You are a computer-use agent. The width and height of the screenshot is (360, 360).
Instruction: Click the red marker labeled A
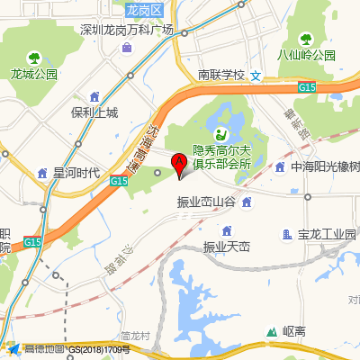click(x=178, y=164)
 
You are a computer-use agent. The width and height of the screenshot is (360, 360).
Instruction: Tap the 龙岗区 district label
click(x=143, y=10)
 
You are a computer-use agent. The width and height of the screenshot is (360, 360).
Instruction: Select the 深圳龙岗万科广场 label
click(x=126, y=31)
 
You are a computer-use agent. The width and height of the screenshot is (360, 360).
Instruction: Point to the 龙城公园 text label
click(x=34, y=74)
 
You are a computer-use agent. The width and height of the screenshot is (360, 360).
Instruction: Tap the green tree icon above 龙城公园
click(x=34, y=57)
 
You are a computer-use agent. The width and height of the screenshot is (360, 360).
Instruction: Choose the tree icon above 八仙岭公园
click(x=305, y=39)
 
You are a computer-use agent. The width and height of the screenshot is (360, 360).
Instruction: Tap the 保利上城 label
click(x=94, y=113)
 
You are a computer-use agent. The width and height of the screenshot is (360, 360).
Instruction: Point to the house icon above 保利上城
click(x=94, y=96)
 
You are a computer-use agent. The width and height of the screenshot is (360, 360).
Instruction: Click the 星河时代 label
click(x=76, y=173)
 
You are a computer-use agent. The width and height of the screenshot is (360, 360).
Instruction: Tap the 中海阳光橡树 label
click(x=325, y=167)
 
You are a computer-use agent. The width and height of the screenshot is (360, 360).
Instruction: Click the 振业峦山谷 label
click(x=206, y=203)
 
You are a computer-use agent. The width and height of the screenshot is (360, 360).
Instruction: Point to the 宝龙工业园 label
click(x=328, y=235)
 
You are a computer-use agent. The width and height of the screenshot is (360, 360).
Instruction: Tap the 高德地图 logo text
click(x=43, y=348)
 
